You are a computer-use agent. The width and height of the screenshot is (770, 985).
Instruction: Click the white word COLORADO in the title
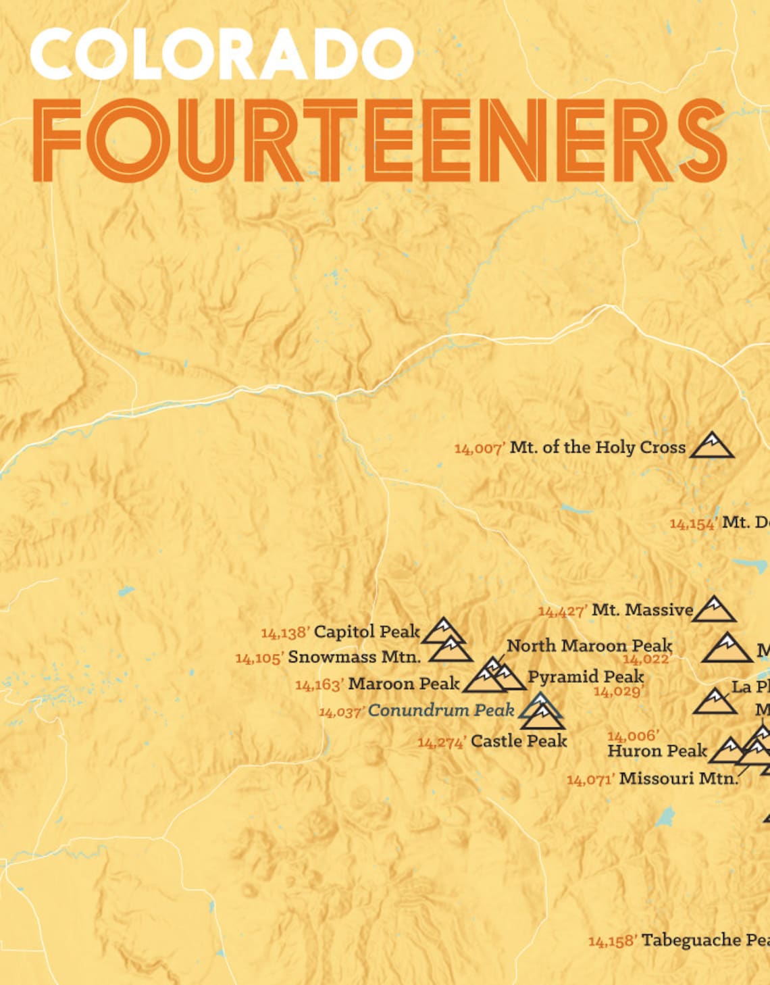222,54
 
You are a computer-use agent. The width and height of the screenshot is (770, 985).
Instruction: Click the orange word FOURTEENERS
378,141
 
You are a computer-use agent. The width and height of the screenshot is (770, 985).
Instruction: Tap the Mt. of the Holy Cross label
597,447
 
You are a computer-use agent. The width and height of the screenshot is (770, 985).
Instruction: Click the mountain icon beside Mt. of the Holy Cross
711,446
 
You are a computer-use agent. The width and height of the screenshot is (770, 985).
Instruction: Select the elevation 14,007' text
480,449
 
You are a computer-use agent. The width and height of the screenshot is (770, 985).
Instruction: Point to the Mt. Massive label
642,610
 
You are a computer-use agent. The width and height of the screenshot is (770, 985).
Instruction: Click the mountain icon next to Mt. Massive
714,609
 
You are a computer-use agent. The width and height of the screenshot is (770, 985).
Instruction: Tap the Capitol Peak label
367,632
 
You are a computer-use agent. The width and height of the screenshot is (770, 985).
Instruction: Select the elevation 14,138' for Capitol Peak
285,633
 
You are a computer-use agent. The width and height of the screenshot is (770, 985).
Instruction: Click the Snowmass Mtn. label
354,657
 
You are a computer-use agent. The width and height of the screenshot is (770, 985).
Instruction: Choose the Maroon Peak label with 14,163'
403,684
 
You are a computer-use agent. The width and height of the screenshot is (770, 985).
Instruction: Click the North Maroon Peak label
589,646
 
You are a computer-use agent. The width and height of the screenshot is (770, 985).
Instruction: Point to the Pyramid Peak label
585,676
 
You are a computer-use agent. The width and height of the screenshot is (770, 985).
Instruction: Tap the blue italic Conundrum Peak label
440,711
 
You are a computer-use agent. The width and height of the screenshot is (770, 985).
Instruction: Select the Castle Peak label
518,741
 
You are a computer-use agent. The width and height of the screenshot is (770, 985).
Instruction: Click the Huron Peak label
657,751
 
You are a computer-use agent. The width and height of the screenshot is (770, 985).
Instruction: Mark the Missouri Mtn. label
678,778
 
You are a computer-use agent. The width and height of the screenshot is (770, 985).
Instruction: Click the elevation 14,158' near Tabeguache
612,941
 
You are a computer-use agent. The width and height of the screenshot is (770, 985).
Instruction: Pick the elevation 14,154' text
693,524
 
